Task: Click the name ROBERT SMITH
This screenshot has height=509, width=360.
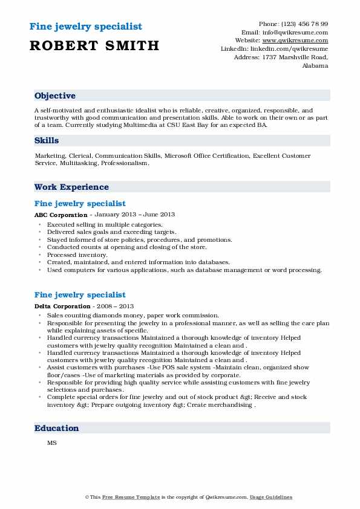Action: tap(94, 45)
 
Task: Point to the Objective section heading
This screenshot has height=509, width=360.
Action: tap(55, 96)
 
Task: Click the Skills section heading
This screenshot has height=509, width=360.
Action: tap(47, 140)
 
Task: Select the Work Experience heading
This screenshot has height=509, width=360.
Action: tap(71, 187)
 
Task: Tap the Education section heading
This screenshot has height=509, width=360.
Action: tap(57, 428)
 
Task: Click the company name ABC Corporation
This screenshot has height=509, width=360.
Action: tap(61, 215)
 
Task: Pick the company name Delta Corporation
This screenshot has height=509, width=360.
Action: tap(63, 306)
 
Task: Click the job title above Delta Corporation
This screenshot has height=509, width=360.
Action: tap(80, 295)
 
